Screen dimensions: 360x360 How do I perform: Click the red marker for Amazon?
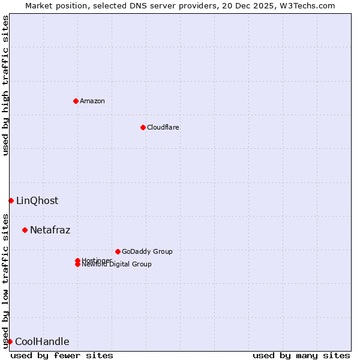tap(76, 101)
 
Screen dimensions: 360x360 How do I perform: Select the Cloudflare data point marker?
tap(143, 127)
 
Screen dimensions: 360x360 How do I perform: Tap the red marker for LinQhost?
tap(11, 200)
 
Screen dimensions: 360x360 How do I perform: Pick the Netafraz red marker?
tap(25, 230)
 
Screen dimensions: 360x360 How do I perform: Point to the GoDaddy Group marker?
tap(118, 251)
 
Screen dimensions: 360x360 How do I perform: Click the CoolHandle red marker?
tap(10, 341)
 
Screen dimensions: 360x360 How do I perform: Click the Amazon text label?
tap(92, 101)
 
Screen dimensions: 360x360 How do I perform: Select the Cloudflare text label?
tap(163, 127)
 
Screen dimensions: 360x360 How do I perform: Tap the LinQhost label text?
tap(37, 200)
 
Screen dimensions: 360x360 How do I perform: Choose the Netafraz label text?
tap(50, 230)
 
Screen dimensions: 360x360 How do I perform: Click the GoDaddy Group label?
tap(147, 251)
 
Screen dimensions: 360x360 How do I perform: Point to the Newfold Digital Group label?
tap(116, 265)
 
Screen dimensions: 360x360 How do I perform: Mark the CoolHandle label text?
tap(42, 342)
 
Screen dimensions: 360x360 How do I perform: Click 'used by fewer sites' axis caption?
tap(62, 355)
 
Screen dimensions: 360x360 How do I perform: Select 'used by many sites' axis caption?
tap(301, 355)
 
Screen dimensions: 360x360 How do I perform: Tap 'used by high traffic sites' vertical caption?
tap(5, 85)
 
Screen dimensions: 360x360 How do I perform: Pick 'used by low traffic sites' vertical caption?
tap(5, 280)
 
